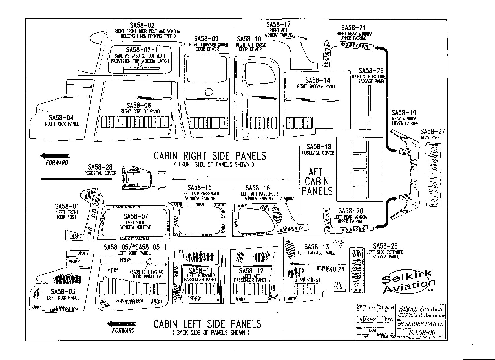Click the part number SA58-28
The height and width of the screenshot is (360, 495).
pyautogui.click(x=100, y=167)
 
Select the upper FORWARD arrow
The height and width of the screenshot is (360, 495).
pyautogui.click(x=55, y=156)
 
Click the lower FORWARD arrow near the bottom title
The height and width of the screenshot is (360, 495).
pyautogui.click(x=121, y=324)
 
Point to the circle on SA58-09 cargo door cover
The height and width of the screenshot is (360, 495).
pyautogui.click(x=209, y=92)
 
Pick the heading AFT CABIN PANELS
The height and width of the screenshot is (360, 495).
pyautogui.click(x=317, y=182)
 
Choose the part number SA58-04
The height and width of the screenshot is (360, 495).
pyautogui.click(x=61, y=118)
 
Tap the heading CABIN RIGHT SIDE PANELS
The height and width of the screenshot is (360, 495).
pyautogui.click(x=210, y=156)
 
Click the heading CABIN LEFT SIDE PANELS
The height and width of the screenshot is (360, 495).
pyautogui.click(x=207, y=324)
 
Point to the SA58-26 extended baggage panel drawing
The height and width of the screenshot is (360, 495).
pyautogui.click(x=363, y=107)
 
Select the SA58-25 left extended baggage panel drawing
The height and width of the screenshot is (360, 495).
pyautogui.click(x=355, y=270)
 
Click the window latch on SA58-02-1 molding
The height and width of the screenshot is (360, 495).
pyautogui.click(x=140, y=66)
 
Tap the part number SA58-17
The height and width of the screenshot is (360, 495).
pyautogui.click(x=278, y=25)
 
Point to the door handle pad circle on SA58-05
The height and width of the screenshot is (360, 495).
pyautogui.click(x=149, y=262)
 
